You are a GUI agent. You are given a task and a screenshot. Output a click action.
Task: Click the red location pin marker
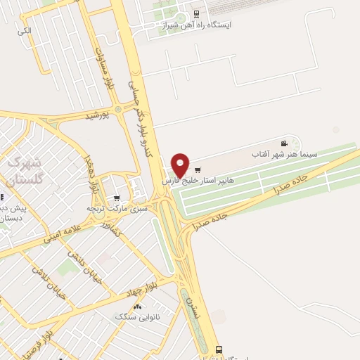[x=181, y=165]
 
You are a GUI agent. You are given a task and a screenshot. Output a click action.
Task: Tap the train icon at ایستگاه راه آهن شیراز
[x=195, y=13]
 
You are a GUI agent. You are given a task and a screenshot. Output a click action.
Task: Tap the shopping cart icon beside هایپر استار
[x=198, y=169]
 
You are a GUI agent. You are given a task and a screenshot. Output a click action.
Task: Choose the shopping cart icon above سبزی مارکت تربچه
[x=117, y=198]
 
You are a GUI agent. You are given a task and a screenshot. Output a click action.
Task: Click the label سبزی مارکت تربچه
[x=113, y=209]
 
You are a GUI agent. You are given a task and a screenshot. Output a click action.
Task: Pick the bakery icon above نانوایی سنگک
[x=137, y=307]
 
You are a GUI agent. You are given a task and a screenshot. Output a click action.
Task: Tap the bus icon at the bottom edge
[x=219, y=348]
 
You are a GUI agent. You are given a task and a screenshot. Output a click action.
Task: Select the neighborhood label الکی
[x=25, y=32]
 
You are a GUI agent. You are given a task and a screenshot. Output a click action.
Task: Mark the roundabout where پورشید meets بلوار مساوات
[x=118, y=108]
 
